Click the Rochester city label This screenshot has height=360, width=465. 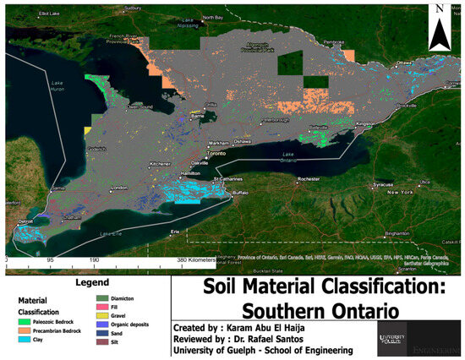(308, 180)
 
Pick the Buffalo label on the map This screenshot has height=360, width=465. (242, 194)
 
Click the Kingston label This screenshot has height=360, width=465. (364, 124)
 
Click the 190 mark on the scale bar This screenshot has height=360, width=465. (94, 260)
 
